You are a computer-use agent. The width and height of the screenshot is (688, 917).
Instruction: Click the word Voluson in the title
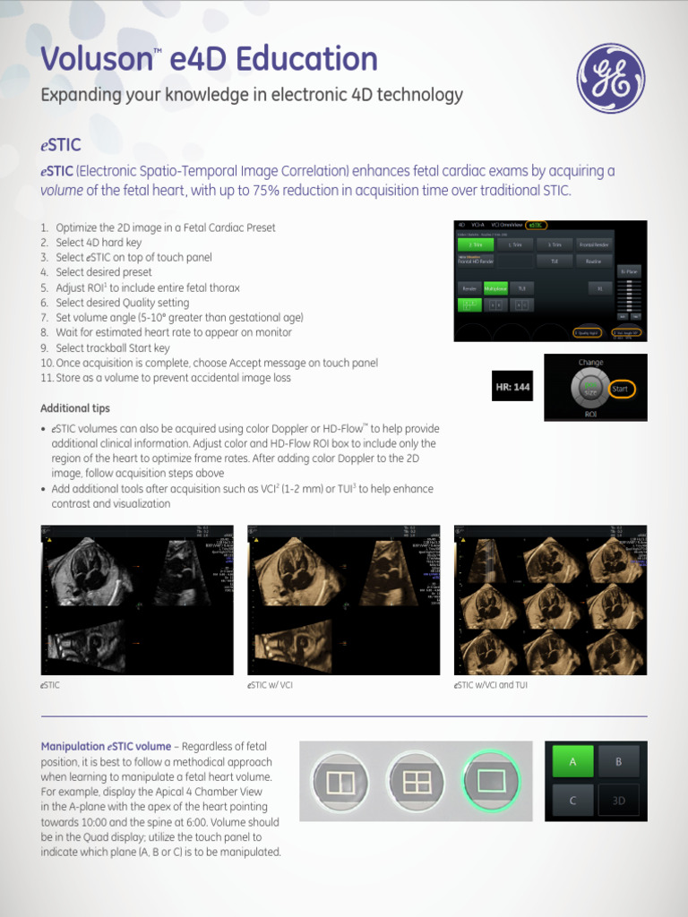coord(97,60)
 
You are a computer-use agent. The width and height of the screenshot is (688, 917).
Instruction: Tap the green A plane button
coord(572,761)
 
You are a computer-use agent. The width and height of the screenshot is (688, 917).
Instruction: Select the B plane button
coord(618,761)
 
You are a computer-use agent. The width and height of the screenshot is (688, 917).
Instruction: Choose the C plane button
coord(572,801)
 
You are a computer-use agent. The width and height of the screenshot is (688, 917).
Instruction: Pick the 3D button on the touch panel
coord(618,801)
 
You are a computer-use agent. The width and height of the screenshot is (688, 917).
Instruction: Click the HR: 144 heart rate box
coord(512,388)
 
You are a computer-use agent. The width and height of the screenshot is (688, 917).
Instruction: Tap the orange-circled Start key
coord(620,390)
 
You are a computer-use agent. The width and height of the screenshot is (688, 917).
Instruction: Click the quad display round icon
coord(417,782)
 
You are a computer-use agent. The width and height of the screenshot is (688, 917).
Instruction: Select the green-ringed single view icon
coord(492,782)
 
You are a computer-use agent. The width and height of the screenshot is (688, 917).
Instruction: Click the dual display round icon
coord(340,782)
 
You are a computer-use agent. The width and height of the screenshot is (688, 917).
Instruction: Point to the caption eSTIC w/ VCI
coord(270,685)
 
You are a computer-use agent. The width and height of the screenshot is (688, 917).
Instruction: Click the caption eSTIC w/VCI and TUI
coord(491,685)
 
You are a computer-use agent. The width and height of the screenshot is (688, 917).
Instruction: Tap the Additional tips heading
coord(75,408)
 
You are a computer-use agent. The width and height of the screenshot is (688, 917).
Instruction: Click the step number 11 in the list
coord(47,378)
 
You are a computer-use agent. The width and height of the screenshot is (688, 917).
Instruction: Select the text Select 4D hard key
coord(99,243)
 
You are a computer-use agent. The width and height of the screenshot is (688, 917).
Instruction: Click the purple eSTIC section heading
coord(61,145)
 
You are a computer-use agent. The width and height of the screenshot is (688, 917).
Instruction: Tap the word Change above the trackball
coord(591,363)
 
